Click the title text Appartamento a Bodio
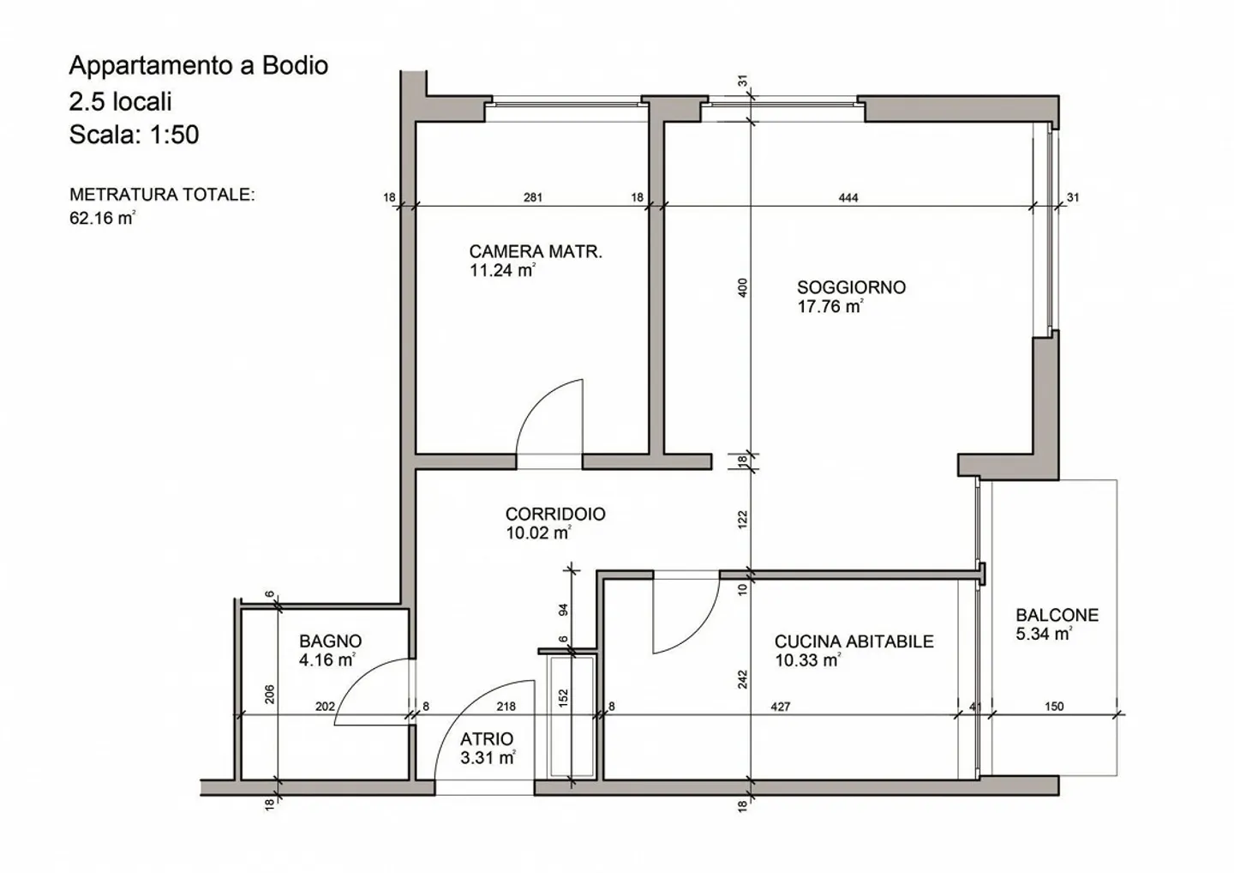(198, 66)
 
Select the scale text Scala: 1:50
(134, 135)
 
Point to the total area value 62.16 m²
(102, 218)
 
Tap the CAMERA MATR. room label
(536, 251)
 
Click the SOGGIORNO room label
(851, 287)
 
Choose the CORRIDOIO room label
(555, 514)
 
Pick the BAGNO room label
(330, 641)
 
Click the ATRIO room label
(487, 738)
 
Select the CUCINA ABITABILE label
(854, 641)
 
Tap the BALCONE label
(1057, 615)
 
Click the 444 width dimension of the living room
(848, 198)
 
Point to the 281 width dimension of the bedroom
(532, 198)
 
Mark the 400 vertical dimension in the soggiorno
(743, 287)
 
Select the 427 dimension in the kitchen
(780, 707)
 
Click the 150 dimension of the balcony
(1054, 707)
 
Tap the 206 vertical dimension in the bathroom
(269, 693)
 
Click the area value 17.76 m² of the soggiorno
(830, 307)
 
